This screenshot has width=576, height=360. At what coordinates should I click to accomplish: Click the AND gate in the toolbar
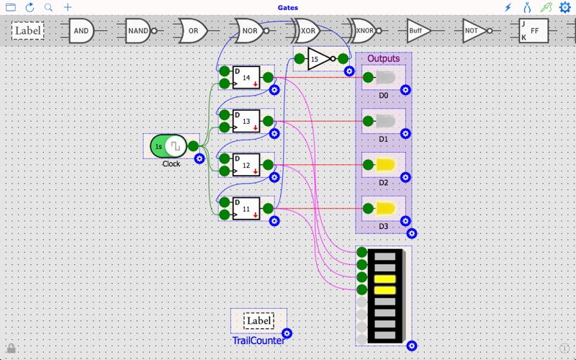point(81,31)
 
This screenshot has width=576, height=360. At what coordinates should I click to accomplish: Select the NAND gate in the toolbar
point(138,31)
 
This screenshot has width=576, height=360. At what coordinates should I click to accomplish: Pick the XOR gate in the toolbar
point(307,31)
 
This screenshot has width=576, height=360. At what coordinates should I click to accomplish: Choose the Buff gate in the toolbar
point(418,31)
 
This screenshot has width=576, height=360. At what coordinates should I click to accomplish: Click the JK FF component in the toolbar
point(533,31)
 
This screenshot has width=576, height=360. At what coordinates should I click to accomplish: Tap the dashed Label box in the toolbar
point(27,31)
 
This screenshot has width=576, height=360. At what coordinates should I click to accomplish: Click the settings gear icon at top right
point(564,7)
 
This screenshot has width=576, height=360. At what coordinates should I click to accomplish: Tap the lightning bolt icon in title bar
point(508,7)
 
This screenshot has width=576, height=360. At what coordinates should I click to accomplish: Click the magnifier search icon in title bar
point(48,7)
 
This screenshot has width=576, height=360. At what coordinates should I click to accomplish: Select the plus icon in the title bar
point(68,7)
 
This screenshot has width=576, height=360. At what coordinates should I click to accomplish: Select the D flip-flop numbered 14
point(246,78)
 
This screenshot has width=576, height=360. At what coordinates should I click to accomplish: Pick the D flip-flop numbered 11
point(246,209)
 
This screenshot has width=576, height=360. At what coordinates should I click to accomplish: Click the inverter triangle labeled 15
point(318,59)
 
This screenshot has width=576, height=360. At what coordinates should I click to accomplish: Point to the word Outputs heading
point(383,58)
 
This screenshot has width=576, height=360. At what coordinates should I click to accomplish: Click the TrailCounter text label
point(258,340)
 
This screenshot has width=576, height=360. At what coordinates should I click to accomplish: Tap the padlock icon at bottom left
point(11,348)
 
